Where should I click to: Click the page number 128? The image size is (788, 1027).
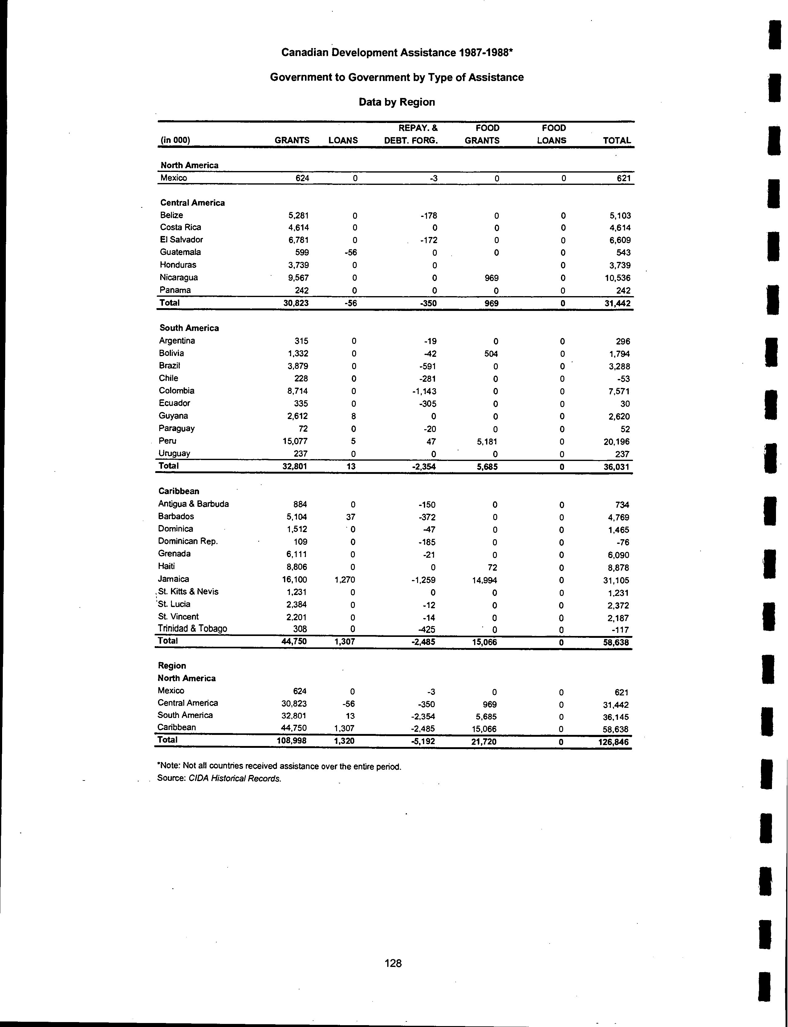pos(393,963)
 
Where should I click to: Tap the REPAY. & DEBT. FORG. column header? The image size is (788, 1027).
pos(411,134)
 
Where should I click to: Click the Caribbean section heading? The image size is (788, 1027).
pos(179,491)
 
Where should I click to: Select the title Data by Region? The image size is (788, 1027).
pos(397,102)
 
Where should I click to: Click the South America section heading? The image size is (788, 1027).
pos(189,328)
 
